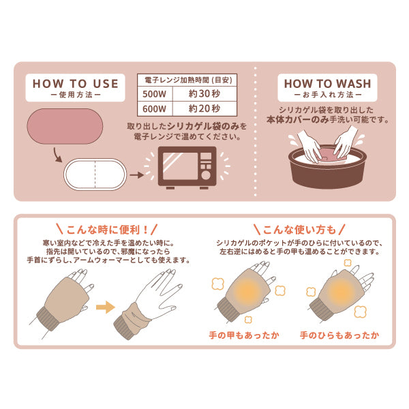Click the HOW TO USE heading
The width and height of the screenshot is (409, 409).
[76, 84]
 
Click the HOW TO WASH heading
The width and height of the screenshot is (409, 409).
[328, 84]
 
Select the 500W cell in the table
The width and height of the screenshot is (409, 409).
[155, 94]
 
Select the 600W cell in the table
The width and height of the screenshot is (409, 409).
[155, 108]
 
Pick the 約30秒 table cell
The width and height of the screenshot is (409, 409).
[204, 94]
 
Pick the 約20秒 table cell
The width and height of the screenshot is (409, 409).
[204, 108]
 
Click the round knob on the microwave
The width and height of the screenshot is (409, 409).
[206, 175]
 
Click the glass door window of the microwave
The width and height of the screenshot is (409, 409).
[180, 166]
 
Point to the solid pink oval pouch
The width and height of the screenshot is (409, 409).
[65, 126]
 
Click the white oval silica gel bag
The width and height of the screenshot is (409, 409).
[95, 174]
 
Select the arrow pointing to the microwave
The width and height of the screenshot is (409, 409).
[137, 175]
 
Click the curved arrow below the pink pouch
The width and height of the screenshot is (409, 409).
[57, 155]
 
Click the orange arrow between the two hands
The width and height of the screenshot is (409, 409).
[106, 307]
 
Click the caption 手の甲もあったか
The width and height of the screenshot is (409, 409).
[244, 335]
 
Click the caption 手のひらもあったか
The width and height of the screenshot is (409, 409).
[339, 335]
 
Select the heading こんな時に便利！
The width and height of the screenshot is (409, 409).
[107, 230]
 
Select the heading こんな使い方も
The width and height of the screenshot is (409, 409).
[299, 230]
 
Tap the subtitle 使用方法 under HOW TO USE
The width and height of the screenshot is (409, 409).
[76, 95]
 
